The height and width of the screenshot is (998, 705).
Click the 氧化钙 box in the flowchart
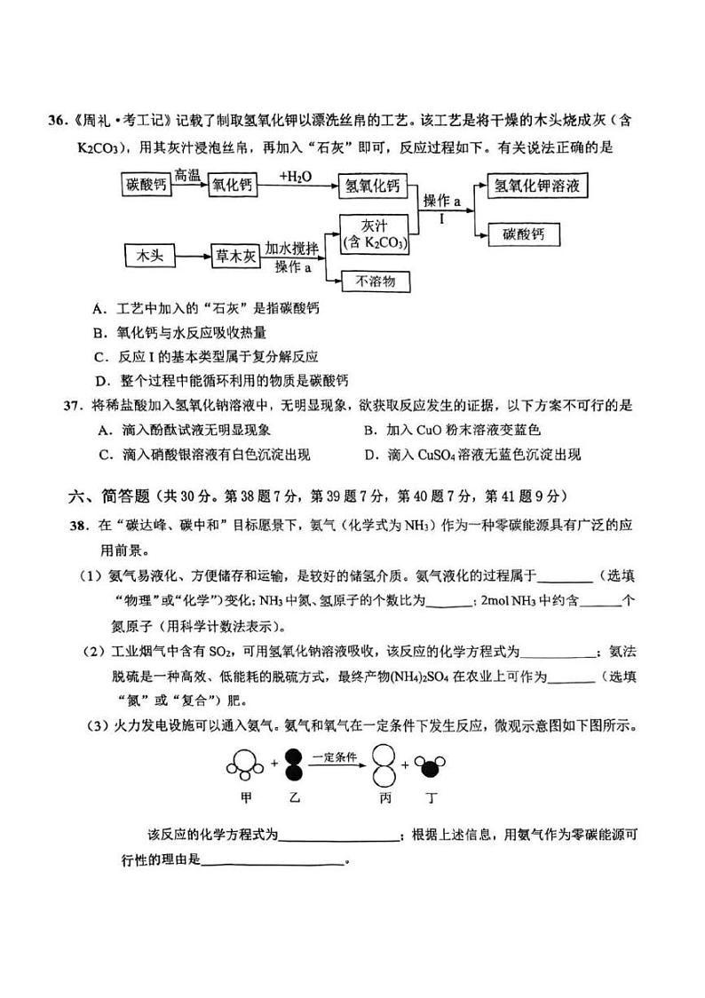(x=232, y=186)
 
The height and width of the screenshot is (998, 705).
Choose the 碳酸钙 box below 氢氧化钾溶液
(x=529, y=234)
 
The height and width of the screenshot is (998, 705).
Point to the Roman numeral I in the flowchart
(x=441, y=218)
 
